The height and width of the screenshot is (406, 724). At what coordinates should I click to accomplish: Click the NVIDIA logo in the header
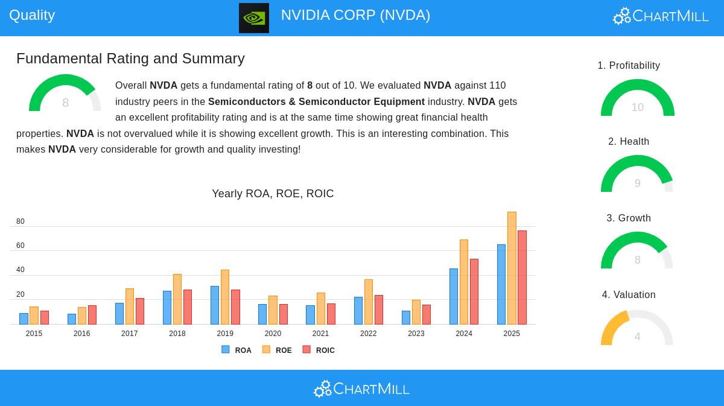254,18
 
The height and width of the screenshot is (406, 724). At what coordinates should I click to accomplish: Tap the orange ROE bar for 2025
512,268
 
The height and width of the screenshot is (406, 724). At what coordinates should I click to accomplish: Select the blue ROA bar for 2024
454,296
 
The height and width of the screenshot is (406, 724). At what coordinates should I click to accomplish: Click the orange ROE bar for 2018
177,299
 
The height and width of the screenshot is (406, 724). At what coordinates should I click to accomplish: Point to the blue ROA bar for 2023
406,317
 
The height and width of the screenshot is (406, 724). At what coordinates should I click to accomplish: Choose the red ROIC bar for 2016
92,315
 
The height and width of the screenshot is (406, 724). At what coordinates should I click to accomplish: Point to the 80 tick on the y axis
21,221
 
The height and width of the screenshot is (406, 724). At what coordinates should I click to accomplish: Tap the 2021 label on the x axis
320,334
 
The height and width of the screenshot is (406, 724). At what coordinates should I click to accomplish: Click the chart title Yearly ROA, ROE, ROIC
273,194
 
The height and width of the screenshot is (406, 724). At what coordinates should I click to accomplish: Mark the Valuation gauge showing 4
637,329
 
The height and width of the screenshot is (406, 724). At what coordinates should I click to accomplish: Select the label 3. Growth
629,218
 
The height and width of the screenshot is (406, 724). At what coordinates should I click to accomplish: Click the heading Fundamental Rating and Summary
130,59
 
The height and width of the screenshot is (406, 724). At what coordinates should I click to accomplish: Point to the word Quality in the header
32,15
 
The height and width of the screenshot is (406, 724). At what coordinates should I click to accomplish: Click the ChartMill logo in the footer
361,389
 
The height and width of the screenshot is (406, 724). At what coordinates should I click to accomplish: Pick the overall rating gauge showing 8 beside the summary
65,94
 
